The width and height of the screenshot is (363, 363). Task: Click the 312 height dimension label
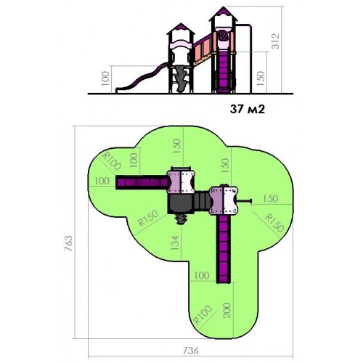[275, 41]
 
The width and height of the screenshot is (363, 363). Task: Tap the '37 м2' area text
[248, 110]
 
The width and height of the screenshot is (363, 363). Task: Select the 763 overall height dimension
[68, 242]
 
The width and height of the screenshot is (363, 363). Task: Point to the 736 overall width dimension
[191, 351]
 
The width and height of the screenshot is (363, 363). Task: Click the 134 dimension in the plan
[175, 242]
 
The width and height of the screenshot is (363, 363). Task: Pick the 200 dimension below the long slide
[227, 310]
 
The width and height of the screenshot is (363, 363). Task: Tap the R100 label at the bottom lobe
[203, 314]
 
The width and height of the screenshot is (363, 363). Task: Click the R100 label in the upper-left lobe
[111, 160]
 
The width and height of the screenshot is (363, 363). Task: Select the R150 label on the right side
[274, 222]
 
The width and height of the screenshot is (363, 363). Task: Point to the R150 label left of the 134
[148, 218]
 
